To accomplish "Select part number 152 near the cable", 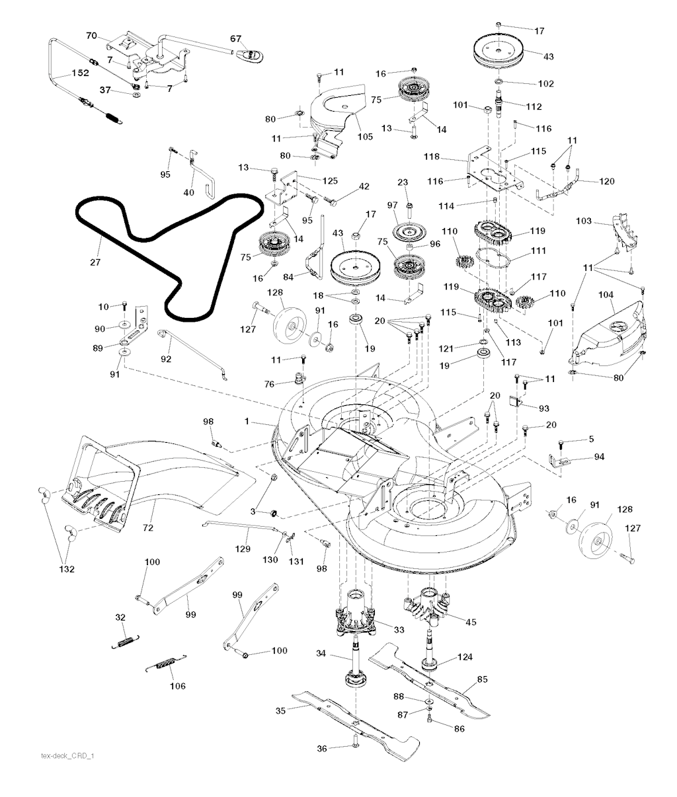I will pyautogui.click(x=61, y=75).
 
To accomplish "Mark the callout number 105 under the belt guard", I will pyautogui.click(x=346, y=137).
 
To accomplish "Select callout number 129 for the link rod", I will pyautogui.click(x=243, y=549).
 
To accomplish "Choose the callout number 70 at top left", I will pyautogui.click(x=91, y=35).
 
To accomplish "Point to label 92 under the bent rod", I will pyautogui.click(x=165, y=360).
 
